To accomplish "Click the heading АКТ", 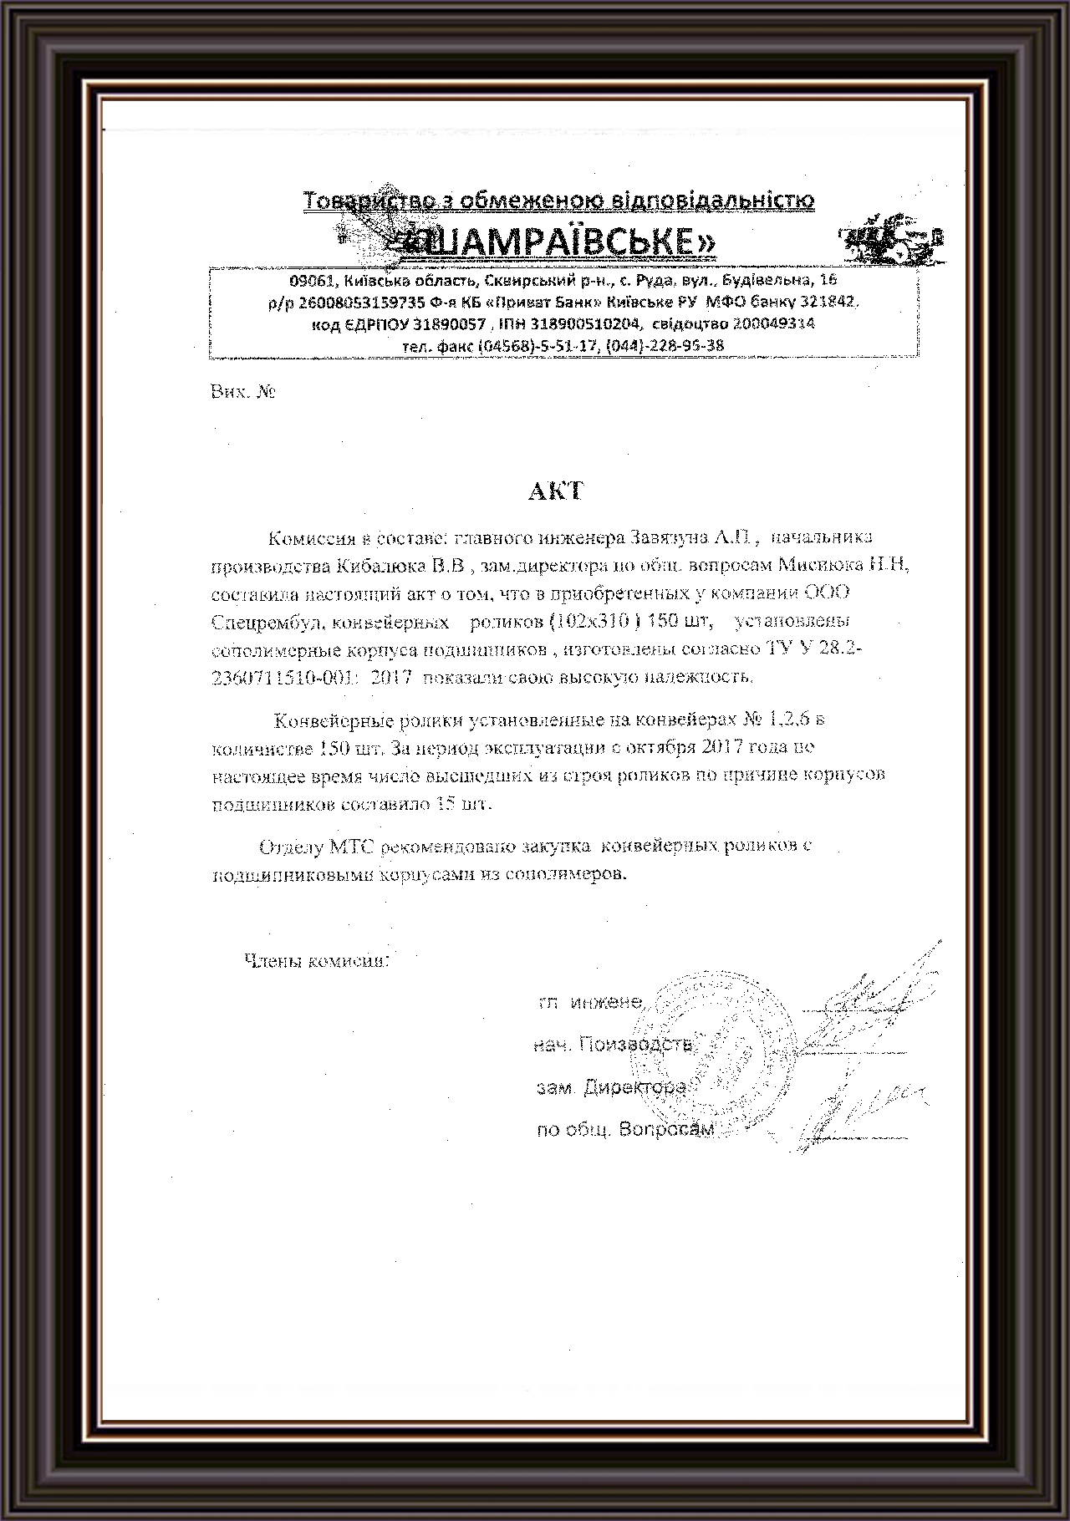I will coord(555,491).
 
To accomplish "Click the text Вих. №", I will coord(243,392).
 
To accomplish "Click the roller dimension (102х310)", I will coord(594,622).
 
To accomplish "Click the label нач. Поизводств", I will coord(613,1045).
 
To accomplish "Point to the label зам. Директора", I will coord(611,1088).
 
